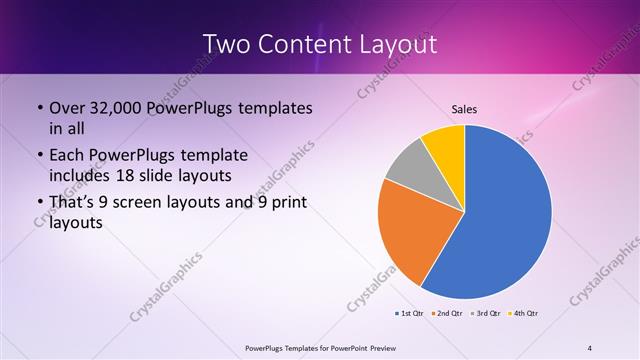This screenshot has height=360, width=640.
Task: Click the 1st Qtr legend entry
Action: pyautogui.click(x=409, y=314)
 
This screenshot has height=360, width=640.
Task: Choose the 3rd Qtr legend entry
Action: pyautogui.click(x=486, y=314)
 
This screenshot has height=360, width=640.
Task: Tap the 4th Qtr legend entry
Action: pyautogui.click(x=524, y=314)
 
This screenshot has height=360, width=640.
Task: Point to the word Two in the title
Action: pyautogui.click(x=226, y=44)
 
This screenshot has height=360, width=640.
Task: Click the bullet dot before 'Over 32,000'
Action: pyautogui.click(x=39, y=108)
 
